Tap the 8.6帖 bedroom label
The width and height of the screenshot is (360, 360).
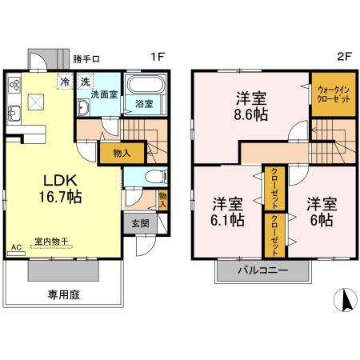(250, 106)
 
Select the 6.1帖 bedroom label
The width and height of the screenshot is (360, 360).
(228, 212)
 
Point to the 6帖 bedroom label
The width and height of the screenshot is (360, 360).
(318, 212)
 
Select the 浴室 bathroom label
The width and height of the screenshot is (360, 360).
(144, 104)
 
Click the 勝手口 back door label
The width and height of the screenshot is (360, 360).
(86, 58)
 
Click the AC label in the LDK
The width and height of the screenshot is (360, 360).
(15, 248)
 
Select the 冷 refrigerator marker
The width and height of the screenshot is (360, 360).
(63, 82)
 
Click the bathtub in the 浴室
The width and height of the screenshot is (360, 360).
(146, 86)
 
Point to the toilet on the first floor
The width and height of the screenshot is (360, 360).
(157, 176)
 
